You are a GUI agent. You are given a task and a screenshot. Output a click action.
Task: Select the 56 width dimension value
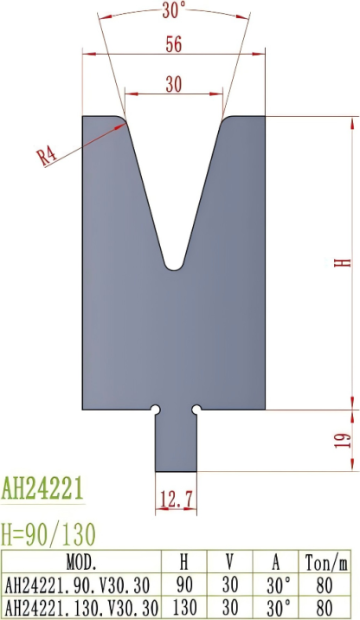tap(173, 45)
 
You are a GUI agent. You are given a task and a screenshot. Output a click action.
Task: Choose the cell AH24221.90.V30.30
tap(82, 582)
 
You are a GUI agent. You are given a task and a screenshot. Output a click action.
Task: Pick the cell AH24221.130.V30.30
tap(82, 604)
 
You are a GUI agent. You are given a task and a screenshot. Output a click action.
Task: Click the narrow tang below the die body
tap(176, 442)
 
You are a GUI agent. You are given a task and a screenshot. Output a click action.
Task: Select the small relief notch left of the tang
tap(155, 408)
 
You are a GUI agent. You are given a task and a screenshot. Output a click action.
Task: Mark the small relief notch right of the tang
tap(196, 408)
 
